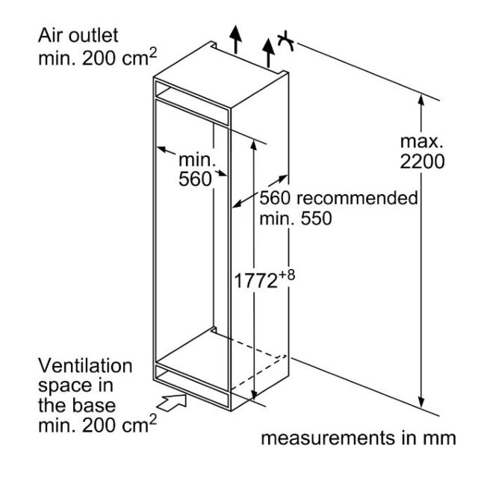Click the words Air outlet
[x=78, y=35]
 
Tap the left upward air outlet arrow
[x=235, y=40]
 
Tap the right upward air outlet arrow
[x=268, y=53]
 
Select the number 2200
[x=422, y=161]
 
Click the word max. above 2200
[x=421, y=142]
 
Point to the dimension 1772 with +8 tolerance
[x=264, y=279]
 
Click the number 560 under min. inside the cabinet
[x=195, y=179]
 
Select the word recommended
[x=357, y=199]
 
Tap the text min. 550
[x=296, y=219]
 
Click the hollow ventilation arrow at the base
[x=172, y=403]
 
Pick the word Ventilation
[x=85, y=365]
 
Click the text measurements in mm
[x=358, y=438]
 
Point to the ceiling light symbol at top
[x=285, y=41]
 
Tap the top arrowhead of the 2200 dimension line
[x=421, y=101]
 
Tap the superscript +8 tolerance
[x=287, y=275]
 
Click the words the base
[x=77, y=406]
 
